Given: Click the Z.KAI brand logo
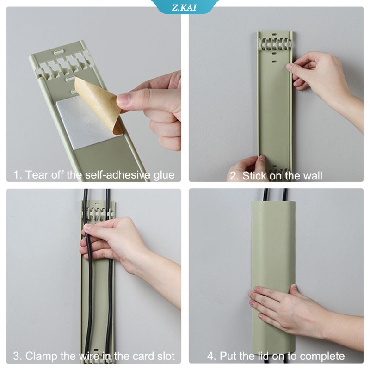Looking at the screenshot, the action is (x=184, y=7).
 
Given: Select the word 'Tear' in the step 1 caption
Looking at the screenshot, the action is (x=36, y=175).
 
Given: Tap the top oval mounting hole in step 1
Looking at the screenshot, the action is (x=60, y=52).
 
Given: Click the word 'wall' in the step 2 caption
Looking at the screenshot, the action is (x=313, y=176).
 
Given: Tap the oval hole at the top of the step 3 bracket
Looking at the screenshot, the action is (x=97, y=202).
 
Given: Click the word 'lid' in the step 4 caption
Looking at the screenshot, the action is (x=263, y=356).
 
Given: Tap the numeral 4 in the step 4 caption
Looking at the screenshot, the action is (x=210, y=356).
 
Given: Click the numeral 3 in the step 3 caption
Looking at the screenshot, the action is (x=16, y=356).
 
